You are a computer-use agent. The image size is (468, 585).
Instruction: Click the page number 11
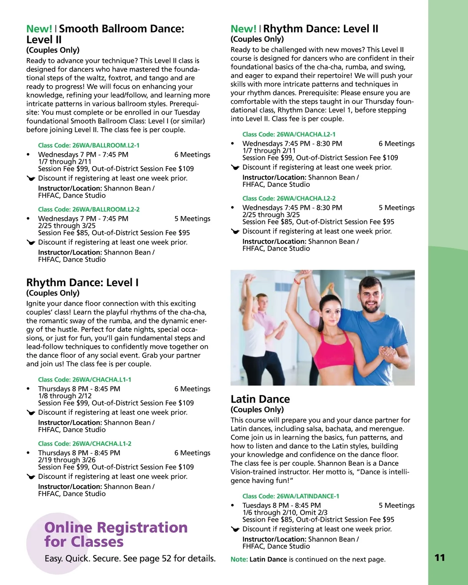(x=440, y=558)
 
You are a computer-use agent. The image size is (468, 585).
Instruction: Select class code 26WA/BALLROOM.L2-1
(x=89, y=145)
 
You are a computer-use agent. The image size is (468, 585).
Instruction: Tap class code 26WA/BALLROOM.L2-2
(x=89, y=209)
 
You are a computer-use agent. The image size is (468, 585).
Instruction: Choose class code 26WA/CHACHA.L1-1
(x=85, y=379)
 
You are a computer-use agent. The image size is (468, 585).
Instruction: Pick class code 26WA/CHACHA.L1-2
(x=85, y=443)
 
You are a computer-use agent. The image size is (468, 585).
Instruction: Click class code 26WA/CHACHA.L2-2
(x=289, y=199)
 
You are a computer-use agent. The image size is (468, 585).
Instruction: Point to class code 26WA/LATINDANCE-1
(x=291, y=496)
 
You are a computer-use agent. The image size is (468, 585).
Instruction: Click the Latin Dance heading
(x=260, y=399)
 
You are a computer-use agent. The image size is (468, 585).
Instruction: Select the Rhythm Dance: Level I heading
(x=82, y=282)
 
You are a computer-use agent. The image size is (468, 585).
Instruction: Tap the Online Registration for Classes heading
(x=116, y=534)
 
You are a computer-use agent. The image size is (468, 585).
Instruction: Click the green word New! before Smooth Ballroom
(x=39, y=29)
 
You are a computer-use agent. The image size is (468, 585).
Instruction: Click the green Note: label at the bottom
(x=239, y=559)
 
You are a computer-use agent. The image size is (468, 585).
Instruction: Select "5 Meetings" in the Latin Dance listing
(x=396, y=505)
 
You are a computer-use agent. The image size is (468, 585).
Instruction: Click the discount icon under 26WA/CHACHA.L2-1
(x=235, y=167)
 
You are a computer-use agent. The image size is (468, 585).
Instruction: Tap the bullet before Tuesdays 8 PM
(x=233, y=505)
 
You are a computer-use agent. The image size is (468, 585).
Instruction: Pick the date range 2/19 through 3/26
(x=67, y=460)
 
